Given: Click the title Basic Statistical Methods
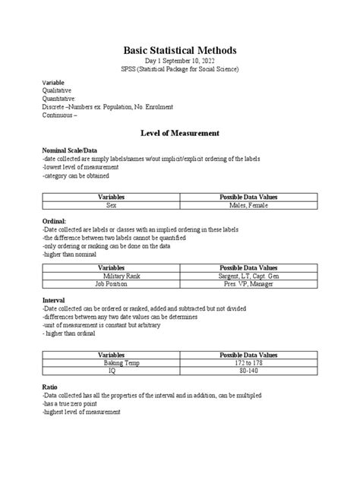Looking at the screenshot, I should [x=180, y=50].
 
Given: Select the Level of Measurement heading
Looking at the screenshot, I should [x=180, y=132].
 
